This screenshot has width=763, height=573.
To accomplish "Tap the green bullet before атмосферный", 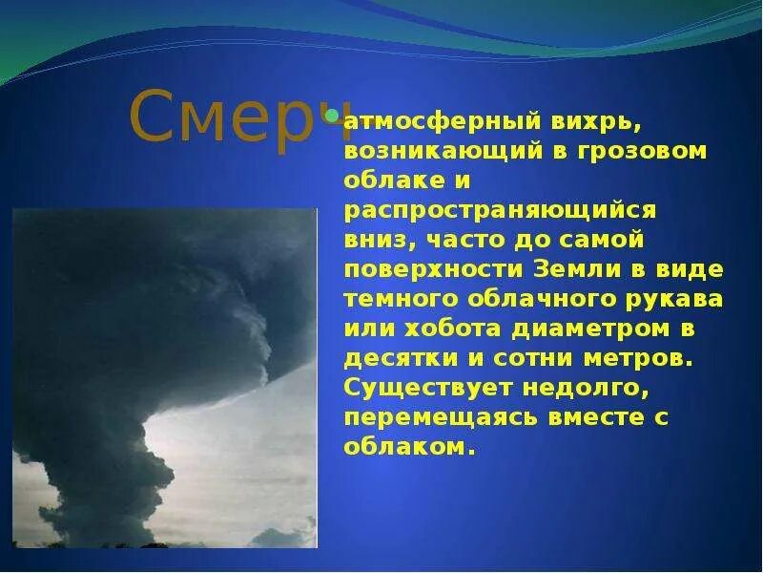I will [x=332, y=117].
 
